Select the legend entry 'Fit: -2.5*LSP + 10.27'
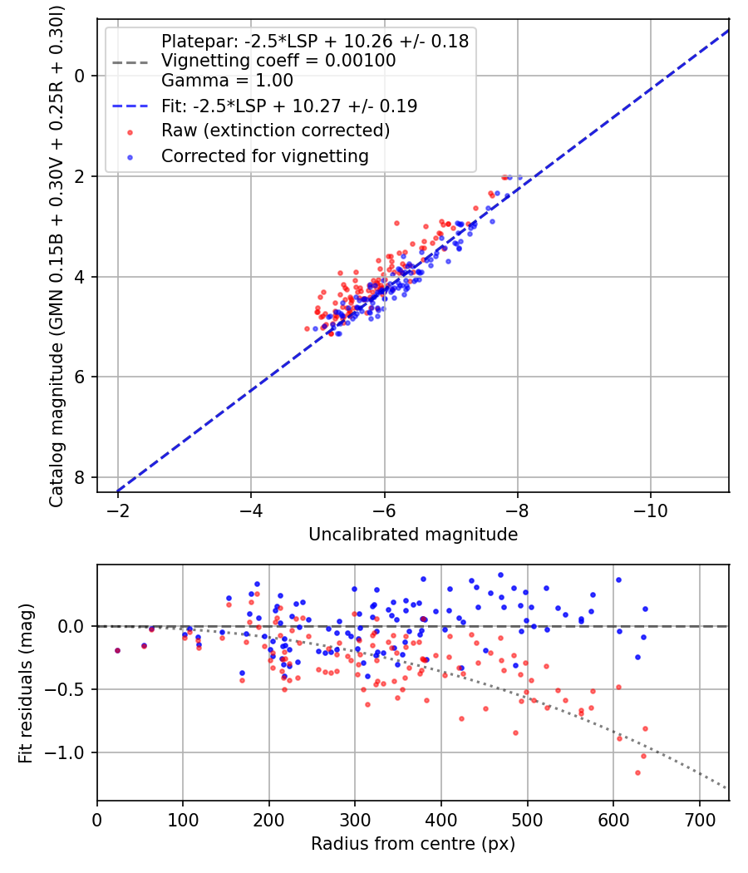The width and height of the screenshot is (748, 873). [x=288, y=106]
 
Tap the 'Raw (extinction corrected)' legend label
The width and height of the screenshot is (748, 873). [x=275, y=131]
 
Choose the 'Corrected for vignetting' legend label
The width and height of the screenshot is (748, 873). [x=264, y=155]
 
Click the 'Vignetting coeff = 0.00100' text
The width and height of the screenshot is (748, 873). [x=278, y=61]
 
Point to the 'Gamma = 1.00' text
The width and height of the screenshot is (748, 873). [x=227, y=81]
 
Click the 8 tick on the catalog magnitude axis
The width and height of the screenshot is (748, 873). [x=81, y=477]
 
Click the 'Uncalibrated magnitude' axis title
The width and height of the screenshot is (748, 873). [x=412, y=535]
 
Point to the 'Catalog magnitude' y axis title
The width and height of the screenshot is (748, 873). [x=57, y=254]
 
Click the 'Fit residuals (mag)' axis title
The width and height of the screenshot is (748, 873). [x=26, y=683]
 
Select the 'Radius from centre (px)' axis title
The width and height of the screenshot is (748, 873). [x=412, y=844]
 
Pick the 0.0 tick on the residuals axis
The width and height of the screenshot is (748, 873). [x=72, y=626]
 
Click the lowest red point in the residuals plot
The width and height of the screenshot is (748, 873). [x=637, y=772]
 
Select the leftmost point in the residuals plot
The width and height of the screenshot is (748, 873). [x=117, y=650]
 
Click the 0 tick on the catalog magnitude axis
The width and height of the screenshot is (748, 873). [x=81, y=76]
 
